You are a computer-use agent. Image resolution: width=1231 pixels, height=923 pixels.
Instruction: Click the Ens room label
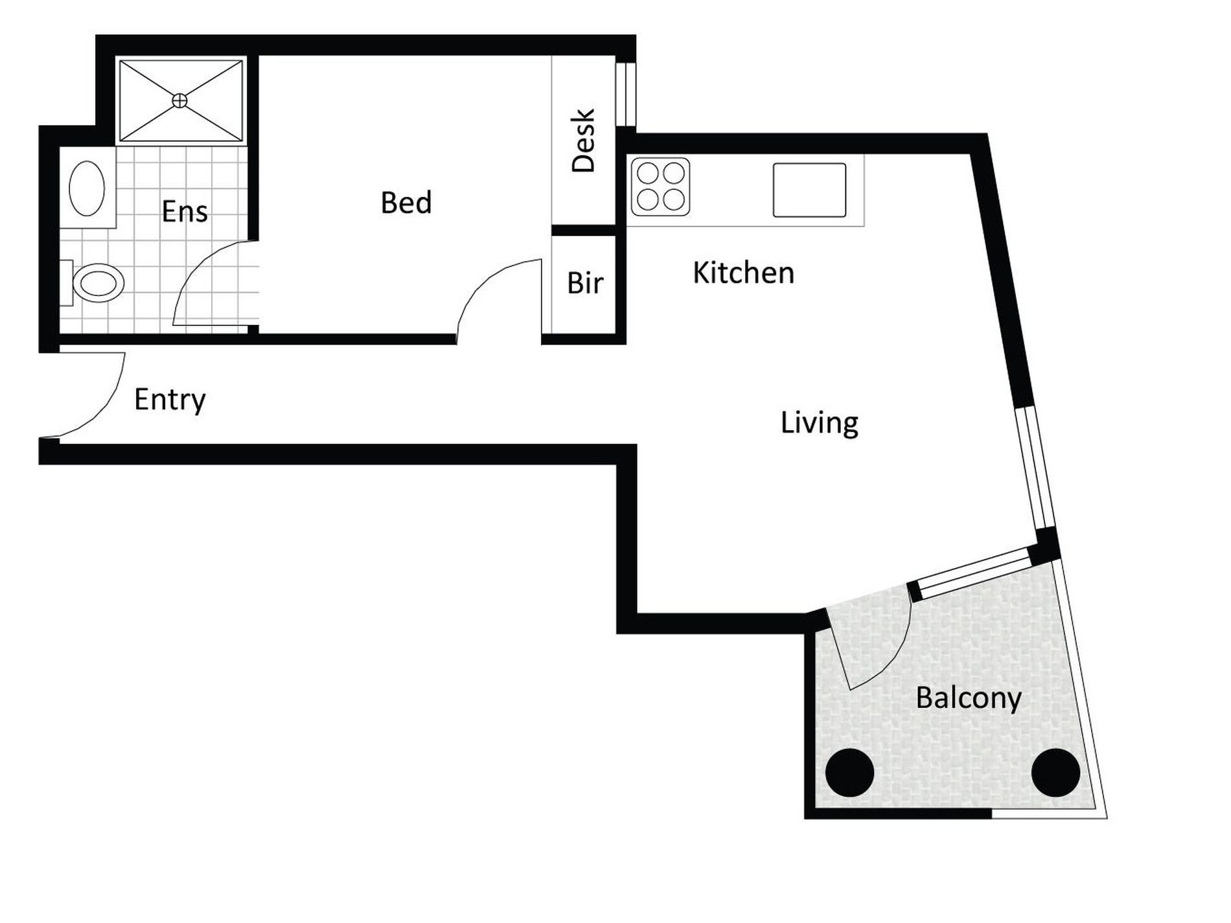pos(185,212)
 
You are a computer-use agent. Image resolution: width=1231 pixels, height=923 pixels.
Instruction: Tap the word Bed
pos(406,203)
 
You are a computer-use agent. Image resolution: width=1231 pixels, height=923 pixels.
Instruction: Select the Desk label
pos(583,141)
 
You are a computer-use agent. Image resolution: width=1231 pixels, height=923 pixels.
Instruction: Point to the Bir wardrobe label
pos(585,283)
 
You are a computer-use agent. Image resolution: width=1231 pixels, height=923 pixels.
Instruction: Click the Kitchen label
pos(743,273)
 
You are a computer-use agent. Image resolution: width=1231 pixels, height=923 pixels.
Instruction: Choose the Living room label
pos(820,423)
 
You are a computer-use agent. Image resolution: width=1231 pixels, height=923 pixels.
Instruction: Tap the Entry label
pos(170,400)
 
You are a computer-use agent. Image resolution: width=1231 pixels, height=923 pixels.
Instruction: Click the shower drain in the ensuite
pos(179,100)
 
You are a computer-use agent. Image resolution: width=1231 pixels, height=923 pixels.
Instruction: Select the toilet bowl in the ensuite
pos(98,283)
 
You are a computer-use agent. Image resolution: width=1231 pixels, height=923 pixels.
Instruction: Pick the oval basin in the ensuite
pos(87,188)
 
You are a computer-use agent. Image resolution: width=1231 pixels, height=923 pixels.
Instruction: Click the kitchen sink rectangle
pos(809,190)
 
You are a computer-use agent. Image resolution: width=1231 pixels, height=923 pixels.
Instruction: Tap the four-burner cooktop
pos(660,187)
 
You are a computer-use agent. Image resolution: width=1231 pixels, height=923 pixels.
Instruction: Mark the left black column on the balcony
pos(850,773)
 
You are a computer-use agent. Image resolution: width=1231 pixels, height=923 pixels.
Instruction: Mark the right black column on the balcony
pos(1055,773)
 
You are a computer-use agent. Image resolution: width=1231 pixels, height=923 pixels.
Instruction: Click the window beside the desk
pos(626,94)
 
